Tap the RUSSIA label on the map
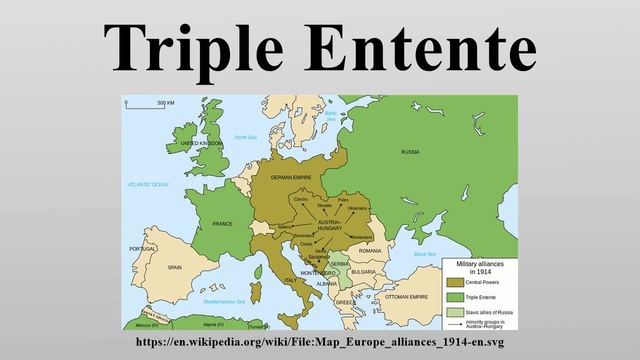click(410, 152)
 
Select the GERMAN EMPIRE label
click(291, 177)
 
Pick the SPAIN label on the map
click(174, 268)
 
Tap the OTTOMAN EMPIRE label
click(408, 297)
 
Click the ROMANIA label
click(370, 250)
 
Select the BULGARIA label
click(363, 271)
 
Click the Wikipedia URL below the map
click(319, 342)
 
